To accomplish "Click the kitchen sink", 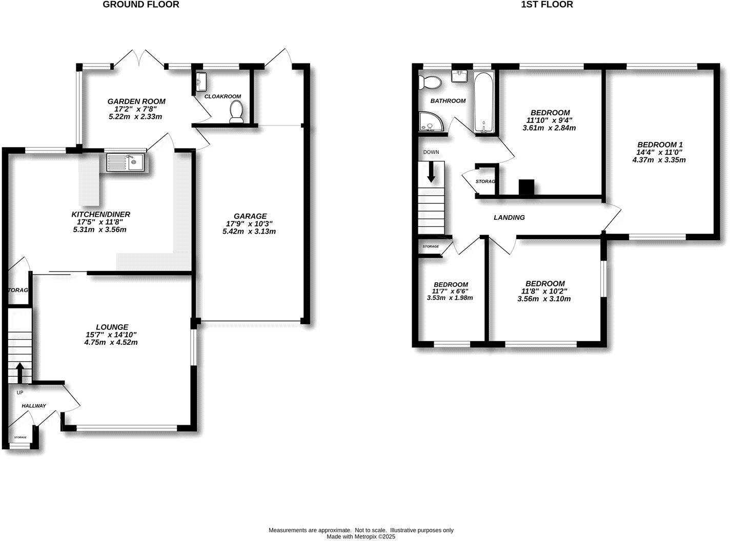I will [x=126, y=163].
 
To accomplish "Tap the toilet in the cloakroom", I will [x=236, y=112].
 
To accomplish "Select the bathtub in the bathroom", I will [x=483, y=103].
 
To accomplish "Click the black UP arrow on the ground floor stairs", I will [x=20, y=372].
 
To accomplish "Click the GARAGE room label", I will [x=250, y=216].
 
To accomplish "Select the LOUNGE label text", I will [x=111, y=327].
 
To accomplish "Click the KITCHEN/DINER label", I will [x=100, y=214].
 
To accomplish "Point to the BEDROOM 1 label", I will [x=659, y=144].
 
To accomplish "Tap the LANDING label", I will [x=509, y=217].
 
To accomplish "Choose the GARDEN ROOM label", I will [x=136, y=101].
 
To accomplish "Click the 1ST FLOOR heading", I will [x=546, y=5].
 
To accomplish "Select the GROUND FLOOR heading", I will [x=141, y=5].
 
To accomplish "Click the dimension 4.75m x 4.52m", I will [x=111, y=342].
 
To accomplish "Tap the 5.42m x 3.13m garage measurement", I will [x=250, y=231].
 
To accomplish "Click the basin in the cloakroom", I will [x=200, y=80].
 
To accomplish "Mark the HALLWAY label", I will [x=34, y=406].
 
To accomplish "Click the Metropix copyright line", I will [x=361, y=537].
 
